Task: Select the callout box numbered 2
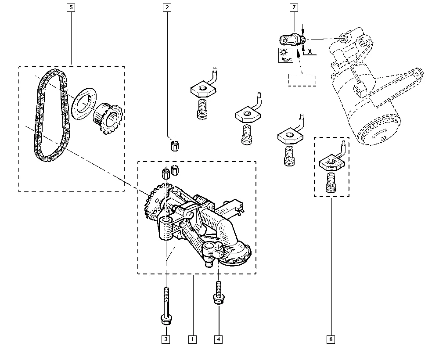(166, 7)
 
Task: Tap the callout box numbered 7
(294, 7)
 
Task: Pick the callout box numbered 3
(166, 339)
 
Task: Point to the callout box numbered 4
(219, 339)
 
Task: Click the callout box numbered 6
(331, 339)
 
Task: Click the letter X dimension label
(310, 51)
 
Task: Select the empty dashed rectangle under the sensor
(302, 80)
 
